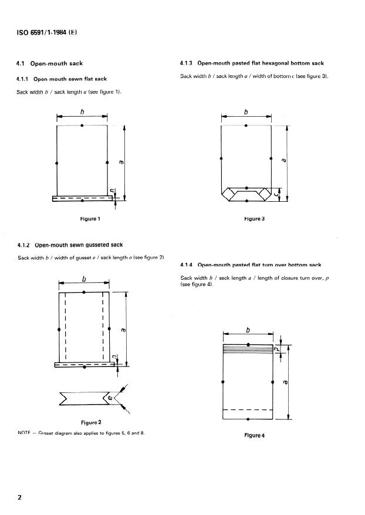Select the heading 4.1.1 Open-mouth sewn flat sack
click(x=62, y=79)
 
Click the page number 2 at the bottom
click(x=20, y=497)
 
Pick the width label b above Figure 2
click(x=85, y=278)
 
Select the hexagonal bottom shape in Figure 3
click(x=246, y=194)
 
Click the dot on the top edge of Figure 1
click(x=82, y=126)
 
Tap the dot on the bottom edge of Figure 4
click(x=248, y=419)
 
